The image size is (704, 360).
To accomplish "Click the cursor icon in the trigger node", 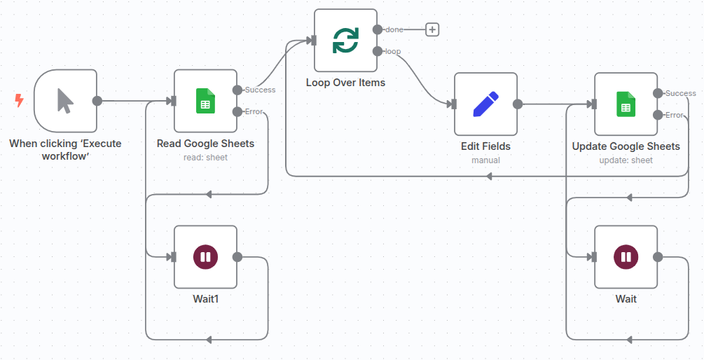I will point(64,101).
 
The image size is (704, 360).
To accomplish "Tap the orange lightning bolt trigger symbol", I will point(19,101).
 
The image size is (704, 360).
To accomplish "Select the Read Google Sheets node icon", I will point(205,101).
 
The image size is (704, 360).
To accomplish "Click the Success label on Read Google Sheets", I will point(260,90).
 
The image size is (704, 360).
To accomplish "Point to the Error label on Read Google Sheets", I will point(254,111).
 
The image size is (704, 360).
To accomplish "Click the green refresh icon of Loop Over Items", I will point(345,41).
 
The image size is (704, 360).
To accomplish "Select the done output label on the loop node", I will point(394,29).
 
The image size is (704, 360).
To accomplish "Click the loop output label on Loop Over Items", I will point(393,51).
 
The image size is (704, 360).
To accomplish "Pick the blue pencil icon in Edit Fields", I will point(485,104).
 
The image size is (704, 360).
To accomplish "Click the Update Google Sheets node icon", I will point(626,104).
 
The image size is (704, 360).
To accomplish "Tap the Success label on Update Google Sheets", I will point(680,93).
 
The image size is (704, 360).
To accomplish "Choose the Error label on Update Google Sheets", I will point(674,115).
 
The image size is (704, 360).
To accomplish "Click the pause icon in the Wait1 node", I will point(205,257).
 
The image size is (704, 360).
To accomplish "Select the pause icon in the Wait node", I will point(626,257).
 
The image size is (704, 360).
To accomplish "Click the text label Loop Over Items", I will point(345,83).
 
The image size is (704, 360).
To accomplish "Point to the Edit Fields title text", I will point(485,146).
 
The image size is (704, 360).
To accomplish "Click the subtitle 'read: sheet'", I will point(205,157).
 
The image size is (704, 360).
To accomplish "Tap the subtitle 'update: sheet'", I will point(626,160).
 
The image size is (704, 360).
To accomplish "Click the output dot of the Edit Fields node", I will point(518,104).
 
